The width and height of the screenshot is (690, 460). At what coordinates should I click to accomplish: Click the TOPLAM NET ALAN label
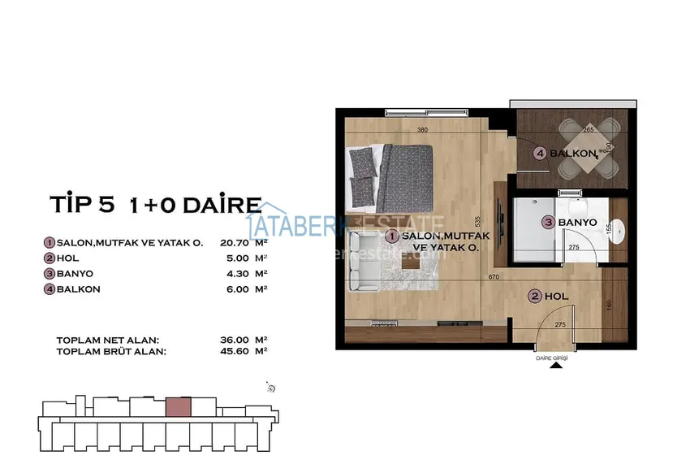[x=107, y=340]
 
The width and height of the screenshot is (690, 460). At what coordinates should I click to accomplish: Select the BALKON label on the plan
[x=574, y=153]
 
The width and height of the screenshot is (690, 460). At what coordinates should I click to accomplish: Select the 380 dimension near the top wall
[x=422, y=130]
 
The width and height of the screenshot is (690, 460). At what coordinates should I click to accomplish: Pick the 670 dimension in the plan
[x=492, y=277]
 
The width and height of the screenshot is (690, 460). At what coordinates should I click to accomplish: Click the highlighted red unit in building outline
[x=178, y=406]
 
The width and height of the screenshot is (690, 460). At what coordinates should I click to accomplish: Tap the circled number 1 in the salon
[x=392, y=236]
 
